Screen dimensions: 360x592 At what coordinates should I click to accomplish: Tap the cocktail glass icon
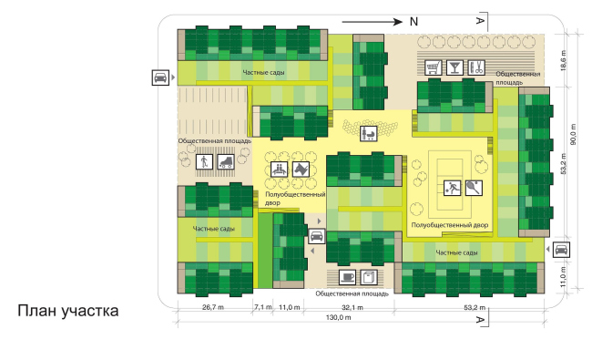click(454, 67)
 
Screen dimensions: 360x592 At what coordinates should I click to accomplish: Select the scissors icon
click(475, 67)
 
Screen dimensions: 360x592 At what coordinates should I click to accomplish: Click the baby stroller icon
click(370, 134)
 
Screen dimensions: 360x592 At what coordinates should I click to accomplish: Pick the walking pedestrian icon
click(204, 162)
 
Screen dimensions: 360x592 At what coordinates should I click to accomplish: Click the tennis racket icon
click(472, 189)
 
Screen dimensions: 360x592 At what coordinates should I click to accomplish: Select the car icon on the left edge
click(160, 77)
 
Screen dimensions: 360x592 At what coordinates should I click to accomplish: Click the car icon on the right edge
click(563, 249)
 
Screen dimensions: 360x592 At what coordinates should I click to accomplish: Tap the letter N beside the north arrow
click(412, 21)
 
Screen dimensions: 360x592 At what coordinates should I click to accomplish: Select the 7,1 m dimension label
click(262, 307)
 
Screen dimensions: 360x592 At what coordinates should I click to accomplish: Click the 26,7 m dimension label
click(212, 307)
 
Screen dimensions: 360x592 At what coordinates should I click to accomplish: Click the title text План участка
click(67, 312)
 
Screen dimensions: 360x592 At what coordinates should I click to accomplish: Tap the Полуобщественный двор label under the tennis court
click(450, 224)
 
